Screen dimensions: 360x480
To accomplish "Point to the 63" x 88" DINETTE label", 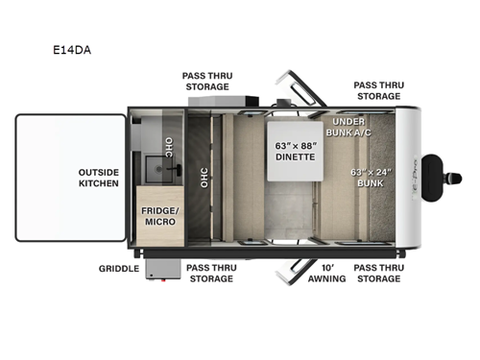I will pyautogui.click(x=296, y=152).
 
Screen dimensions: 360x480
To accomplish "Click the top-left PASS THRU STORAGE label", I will pyautogui.click(x=207, y=81).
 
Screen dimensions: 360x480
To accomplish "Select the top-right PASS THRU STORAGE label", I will pyautogui.click(x=378, y=90).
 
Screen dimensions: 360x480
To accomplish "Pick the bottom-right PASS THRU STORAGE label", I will pyautogui.click(x=378, y=272).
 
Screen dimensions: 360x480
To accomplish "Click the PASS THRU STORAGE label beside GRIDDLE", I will pyautogui.click(x=209, y=272).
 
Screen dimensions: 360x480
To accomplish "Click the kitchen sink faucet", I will pyautogui.click(x=176, y=169).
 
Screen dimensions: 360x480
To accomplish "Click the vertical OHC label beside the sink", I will pyautogui.click(x=169, y=146).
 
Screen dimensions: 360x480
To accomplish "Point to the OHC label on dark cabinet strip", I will pyautogui.click(x=204, y=179).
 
